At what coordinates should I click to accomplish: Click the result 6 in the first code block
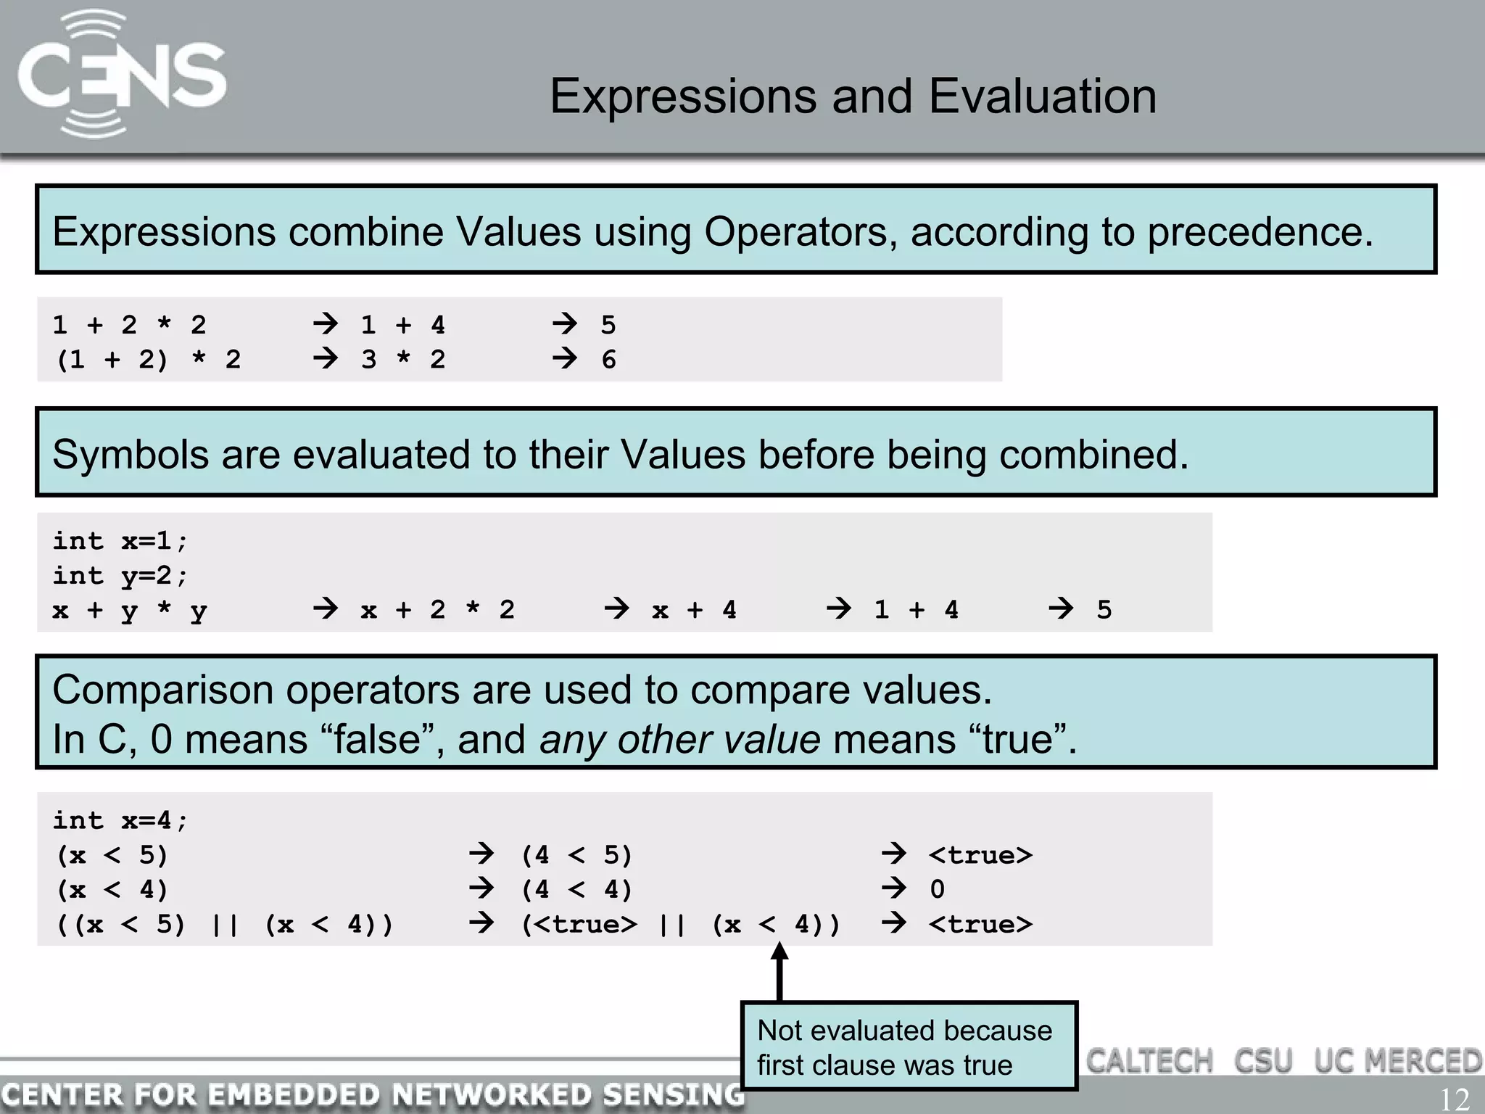(x=608, y=360)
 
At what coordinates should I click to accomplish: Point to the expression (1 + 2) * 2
(x=148, y=360)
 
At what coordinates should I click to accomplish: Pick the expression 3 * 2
(x=403, y=360)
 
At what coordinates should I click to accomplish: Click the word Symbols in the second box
(x=131, y=455)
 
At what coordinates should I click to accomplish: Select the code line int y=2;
(x=120, y=576)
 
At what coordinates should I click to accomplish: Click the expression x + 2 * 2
(x=437, y=611)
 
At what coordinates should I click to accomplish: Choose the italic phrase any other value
(x=679, y=740)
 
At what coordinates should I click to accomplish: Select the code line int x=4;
(x=120, y=821)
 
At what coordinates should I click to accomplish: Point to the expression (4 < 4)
(x=576, y=890)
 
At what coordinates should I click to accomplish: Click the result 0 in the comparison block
(x=937, y=890)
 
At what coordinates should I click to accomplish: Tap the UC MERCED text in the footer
(x=1398, y=1061)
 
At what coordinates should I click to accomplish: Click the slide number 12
(x=1453, y=1099)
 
